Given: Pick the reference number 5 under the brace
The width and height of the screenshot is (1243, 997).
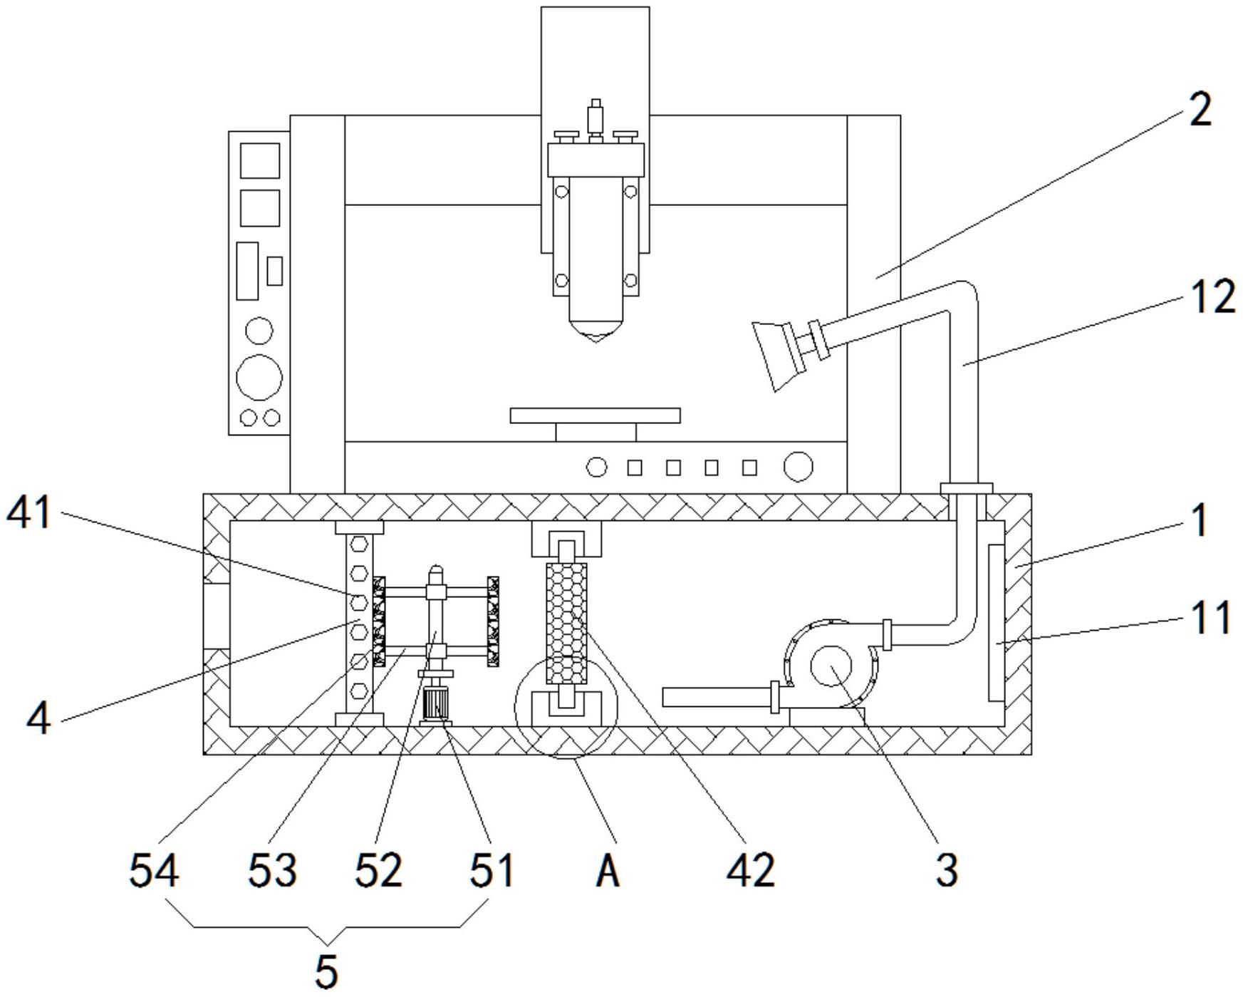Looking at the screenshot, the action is point(326,970).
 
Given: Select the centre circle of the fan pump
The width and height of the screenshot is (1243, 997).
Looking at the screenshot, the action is point(831,666).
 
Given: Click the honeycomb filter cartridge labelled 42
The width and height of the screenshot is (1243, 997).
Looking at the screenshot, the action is point(566,622).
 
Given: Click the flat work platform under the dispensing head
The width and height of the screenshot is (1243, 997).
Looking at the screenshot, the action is point(596,415).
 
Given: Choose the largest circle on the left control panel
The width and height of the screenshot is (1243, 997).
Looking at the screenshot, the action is point(259,377).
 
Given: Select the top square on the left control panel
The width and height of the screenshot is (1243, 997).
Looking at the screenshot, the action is point(259,160).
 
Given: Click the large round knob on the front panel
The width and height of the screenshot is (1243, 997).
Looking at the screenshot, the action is point(798,467).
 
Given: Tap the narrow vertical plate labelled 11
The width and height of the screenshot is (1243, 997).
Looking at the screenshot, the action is point(996,621).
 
